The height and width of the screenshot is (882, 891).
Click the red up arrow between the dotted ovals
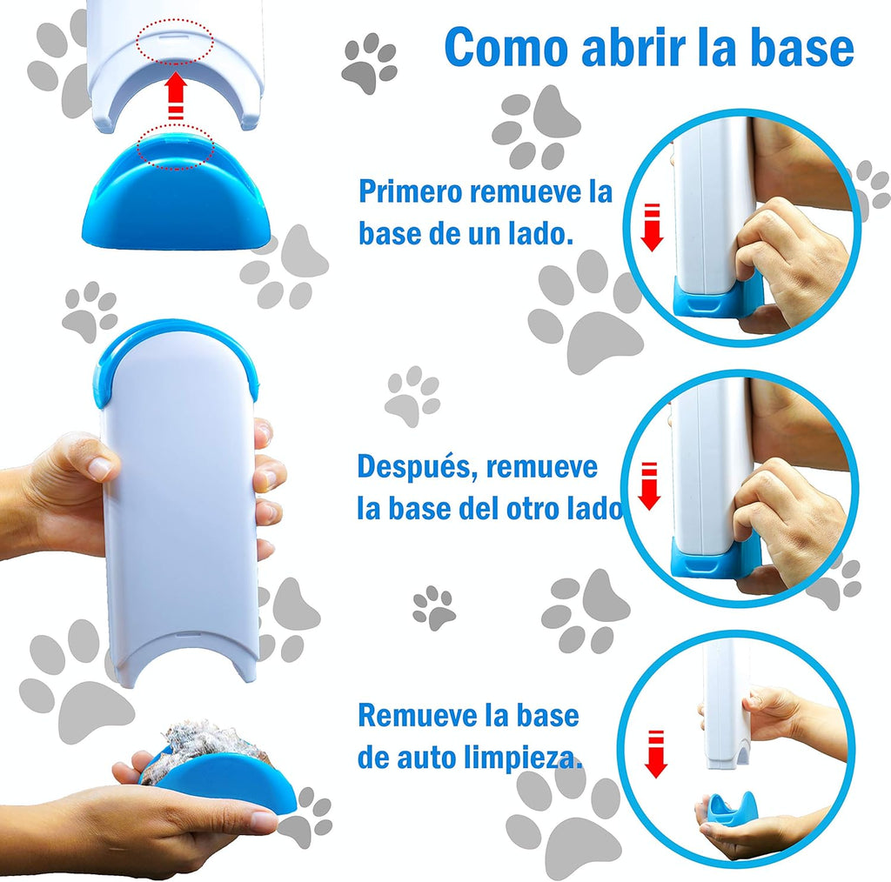point(177,96)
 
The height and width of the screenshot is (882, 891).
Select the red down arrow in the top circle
point(653,227)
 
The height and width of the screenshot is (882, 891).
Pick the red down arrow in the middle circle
point(649,486)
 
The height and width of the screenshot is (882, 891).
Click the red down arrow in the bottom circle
point(656,753)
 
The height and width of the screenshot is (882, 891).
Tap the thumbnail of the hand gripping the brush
point(101,467)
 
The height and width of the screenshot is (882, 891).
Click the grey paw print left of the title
point(369,63)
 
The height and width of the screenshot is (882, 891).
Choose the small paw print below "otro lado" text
point(434,608)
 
